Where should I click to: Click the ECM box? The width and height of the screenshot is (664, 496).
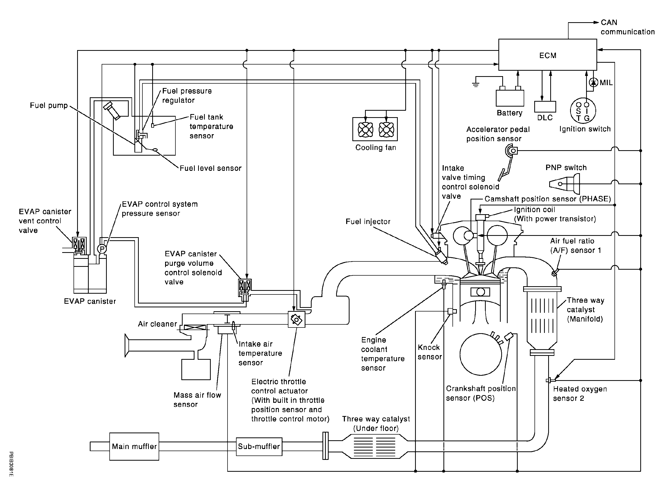547,55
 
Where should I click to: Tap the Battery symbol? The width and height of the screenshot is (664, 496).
509,98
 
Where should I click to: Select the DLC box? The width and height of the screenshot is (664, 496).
545,107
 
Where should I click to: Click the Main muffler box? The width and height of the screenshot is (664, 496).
134,446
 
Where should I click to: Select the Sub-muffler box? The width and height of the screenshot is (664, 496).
259,446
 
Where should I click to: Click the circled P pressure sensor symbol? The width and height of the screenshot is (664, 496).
102,249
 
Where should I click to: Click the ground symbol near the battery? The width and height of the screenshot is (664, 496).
475,84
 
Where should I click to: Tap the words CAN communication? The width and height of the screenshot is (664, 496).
627,27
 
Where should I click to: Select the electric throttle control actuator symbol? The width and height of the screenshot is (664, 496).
296,319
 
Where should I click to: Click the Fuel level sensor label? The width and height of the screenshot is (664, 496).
210,168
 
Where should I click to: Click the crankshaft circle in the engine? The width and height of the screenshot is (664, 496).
480,354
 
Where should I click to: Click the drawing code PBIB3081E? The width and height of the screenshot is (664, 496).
11,464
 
